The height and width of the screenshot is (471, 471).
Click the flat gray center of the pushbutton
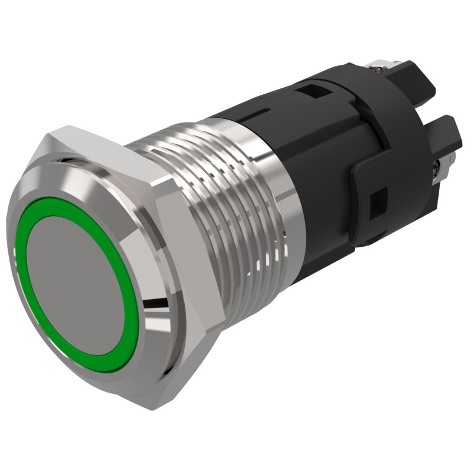click(76, 277)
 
